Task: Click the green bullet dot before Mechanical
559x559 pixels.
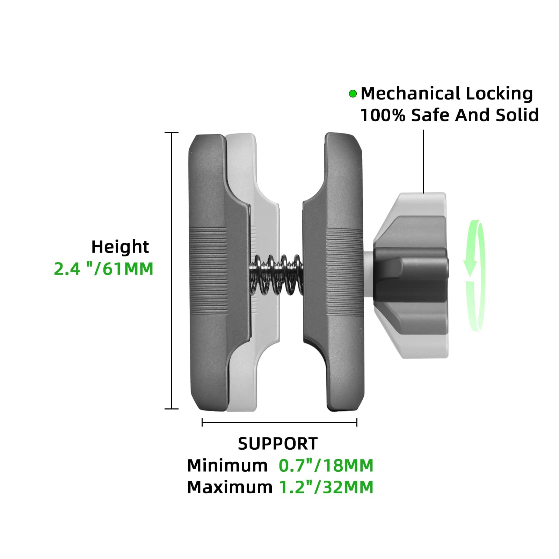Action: coord(353,94)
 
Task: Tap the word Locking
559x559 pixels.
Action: coord(499,94)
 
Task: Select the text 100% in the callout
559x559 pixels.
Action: coord(382,115)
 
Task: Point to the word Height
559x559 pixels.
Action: coord(120,247)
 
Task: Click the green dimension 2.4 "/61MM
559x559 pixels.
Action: coord(104,269)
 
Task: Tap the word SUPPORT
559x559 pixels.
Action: coord(278,444)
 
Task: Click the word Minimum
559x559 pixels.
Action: coord(227,466)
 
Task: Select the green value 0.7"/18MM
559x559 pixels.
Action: coord(326,466)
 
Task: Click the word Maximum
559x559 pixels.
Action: coord(230,487)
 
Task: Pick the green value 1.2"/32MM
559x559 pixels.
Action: coord(326,487)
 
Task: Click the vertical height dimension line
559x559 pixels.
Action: coord(171,271)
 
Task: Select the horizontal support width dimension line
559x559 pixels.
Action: coord(279,422)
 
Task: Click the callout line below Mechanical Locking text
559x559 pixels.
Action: coord(423,161)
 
